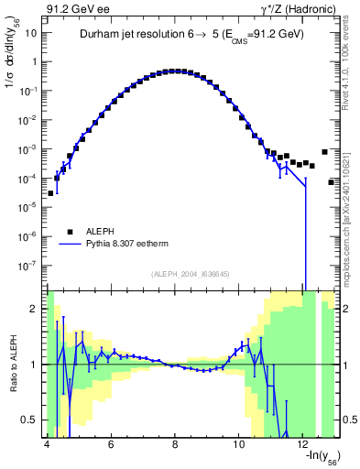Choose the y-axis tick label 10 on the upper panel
32,33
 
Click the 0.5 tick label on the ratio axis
30,420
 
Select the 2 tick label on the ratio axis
35,309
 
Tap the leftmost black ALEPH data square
51,193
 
